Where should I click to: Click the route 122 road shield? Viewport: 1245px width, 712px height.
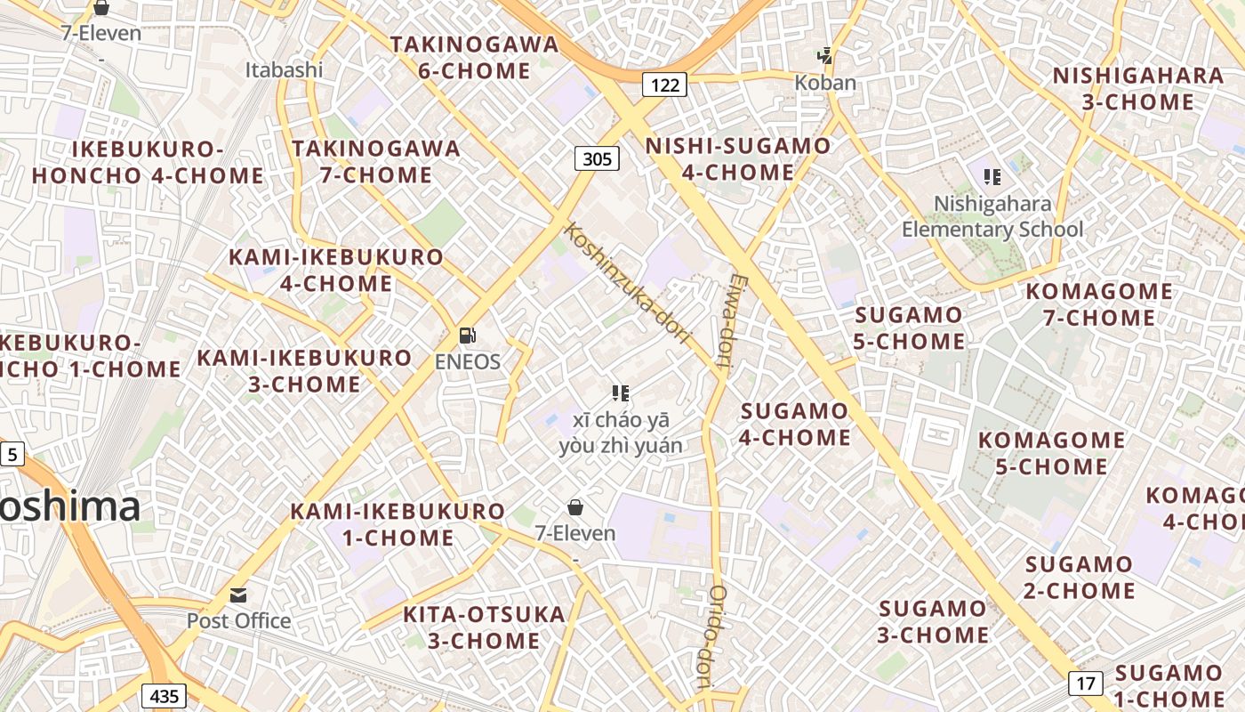664,85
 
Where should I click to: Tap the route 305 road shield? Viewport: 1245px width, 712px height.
597,158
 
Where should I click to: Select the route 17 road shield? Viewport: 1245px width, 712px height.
1085,684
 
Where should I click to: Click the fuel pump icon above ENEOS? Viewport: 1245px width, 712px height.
468,336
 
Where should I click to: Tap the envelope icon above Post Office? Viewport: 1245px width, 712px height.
238,595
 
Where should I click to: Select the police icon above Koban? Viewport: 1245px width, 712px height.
825,56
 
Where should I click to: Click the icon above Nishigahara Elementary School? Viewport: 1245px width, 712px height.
992,177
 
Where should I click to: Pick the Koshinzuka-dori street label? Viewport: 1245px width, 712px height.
628,283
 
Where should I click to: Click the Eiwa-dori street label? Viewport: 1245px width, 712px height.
730,321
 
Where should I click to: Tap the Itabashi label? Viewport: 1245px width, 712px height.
284,69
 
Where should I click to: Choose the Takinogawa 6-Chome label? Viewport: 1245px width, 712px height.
474,57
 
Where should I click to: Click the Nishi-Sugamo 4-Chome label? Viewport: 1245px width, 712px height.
738,158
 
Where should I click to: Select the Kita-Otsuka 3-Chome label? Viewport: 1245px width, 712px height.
484,627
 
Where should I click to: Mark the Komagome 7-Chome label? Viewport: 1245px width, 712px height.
1099,304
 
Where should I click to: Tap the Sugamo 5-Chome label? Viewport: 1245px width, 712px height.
909,328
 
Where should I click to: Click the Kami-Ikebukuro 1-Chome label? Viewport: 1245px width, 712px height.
398,524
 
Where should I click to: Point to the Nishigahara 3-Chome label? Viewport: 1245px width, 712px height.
1138,88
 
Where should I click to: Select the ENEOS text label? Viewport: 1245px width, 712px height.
468,362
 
